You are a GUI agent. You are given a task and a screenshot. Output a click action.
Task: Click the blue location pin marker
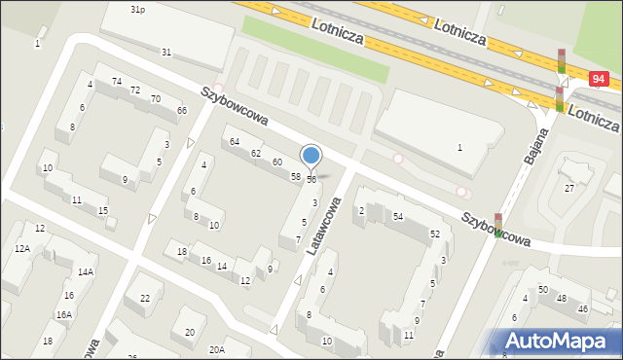pos(311,156)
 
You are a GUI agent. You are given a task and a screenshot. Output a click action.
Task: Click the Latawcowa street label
pos(324,226)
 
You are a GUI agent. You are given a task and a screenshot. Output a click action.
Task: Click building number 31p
pos(137,9)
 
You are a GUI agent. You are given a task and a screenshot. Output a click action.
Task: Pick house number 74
pos(117,81)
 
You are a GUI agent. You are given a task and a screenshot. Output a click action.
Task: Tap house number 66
pos(182,110)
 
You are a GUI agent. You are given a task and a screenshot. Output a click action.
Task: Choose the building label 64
pos(235,142)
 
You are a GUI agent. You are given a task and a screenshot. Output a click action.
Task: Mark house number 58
pos(295,176)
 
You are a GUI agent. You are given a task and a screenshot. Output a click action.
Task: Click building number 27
pos(569,188)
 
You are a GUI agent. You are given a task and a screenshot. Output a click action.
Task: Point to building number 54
pos(398,216)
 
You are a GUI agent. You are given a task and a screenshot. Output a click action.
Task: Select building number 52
pos(435,234)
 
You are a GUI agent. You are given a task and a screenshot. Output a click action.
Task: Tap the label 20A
pos(216,348)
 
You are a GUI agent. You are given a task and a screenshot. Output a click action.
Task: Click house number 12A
pos(21,249)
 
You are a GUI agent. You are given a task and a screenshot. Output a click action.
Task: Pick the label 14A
pos(86,271)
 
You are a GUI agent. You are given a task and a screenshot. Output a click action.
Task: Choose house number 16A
pos(63,314)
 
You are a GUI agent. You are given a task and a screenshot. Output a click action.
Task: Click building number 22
pos(145,299)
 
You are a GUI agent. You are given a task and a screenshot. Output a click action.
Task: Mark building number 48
pos(561,297)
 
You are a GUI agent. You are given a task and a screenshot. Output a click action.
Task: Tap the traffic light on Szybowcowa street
pos(498,225)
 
